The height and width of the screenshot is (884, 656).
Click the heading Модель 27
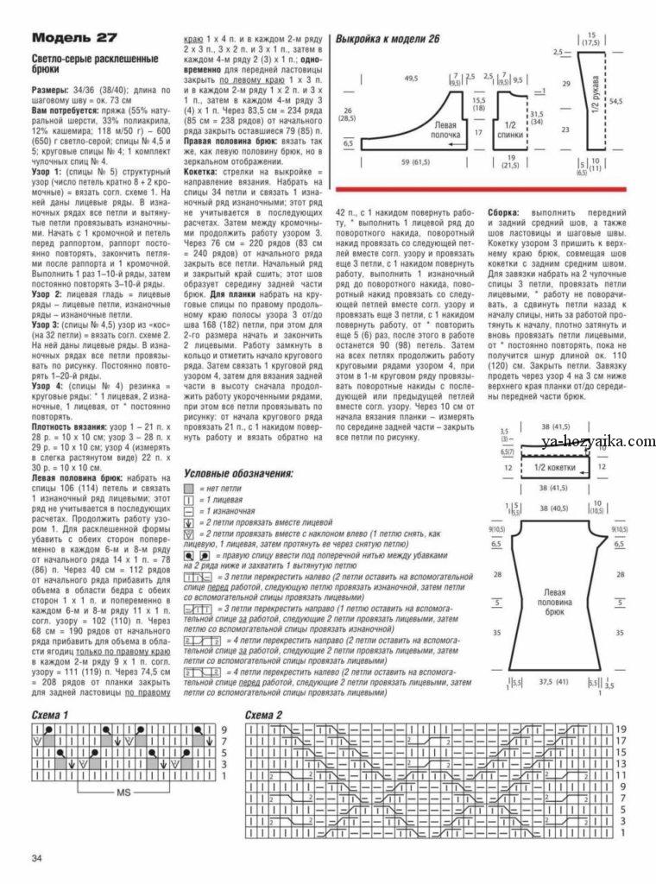click(73, 38)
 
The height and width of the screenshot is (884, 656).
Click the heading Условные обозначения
click(239, 473)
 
